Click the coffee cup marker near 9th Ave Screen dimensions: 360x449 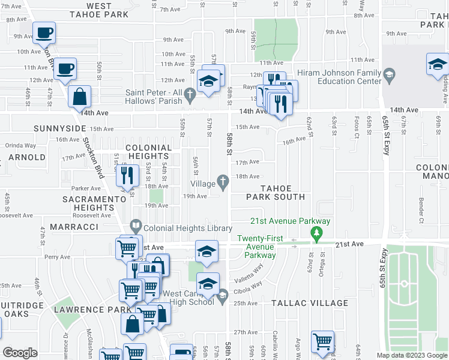point(44,32)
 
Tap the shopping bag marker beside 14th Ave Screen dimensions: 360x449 point(79,96)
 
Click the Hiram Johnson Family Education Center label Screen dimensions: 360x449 point(341,77)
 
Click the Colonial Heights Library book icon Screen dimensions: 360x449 point(136,228)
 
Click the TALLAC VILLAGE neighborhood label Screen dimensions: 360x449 point(309,303)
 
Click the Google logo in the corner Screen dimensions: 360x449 point(20,352)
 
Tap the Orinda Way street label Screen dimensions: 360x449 point(21,145)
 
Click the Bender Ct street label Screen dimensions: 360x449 point(421,211)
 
